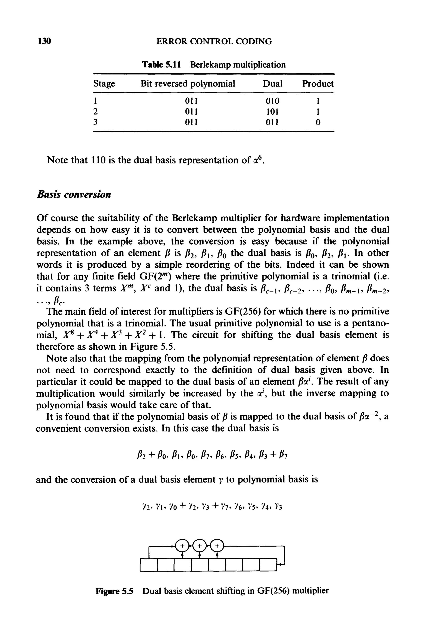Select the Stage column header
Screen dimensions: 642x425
[104, 84]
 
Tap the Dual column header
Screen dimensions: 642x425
[272, 84]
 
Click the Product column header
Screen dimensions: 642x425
[318, 84]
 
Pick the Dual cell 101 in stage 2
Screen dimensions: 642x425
[272, 112]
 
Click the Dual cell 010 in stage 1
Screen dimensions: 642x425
[272, 101]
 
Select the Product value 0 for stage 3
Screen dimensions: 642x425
[318, 122]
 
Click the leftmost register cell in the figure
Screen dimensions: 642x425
[149, 565]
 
